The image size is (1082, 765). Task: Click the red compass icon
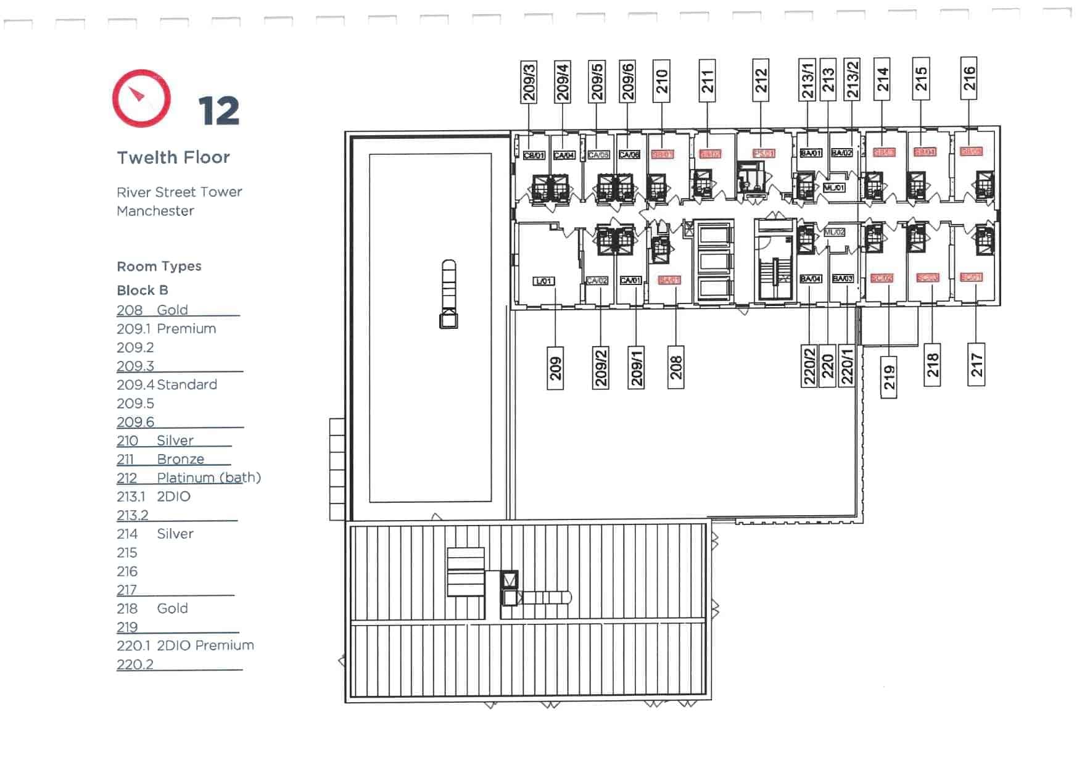141,98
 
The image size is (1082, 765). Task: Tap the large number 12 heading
218,112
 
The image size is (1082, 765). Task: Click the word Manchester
155,211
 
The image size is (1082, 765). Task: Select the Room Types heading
159,267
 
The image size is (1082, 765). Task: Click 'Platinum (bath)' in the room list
209,478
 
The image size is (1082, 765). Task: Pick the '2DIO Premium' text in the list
205,645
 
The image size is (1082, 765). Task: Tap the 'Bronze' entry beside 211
180,459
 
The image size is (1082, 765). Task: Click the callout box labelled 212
761,80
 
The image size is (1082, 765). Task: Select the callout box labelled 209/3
529,81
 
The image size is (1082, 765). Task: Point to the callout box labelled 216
968,78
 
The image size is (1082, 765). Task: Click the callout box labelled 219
888,377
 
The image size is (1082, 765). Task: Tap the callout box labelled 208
676,367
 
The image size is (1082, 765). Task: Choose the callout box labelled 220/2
809,366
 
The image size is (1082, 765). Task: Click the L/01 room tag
543,281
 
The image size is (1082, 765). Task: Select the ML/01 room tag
834,188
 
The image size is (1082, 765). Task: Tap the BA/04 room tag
810,279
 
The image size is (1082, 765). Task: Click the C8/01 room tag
534,155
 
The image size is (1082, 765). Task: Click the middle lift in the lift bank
714,262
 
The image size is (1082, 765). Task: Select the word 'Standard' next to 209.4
187,385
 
